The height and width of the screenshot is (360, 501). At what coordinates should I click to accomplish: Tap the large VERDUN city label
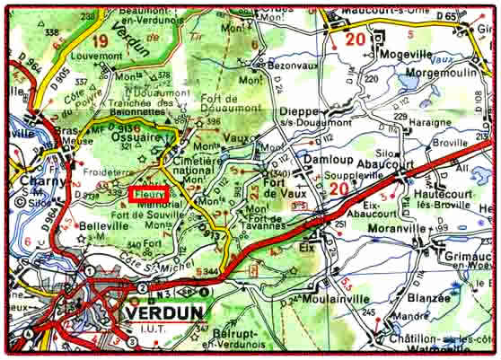click(x=163, y=312)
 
